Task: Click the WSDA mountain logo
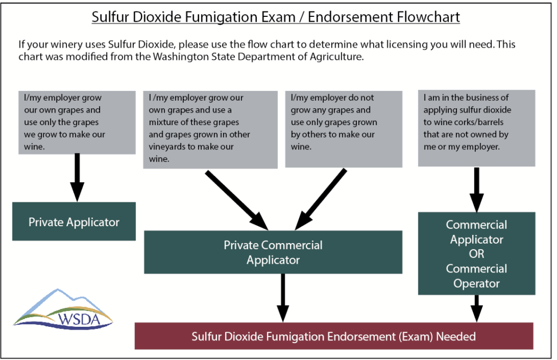pyautogui.click(x=63, y=309)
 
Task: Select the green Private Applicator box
pyautogui.click(x=74, y=221)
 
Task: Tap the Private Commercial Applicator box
pyautogui.click(x=273, y=252)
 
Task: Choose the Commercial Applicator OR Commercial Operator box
pyautogui.click(x=476, y=253)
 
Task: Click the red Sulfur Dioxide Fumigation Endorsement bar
pyautogui.click(x=334, y=336)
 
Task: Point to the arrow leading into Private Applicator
pyautogui.click(x=77, y=177)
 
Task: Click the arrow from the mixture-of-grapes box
pyautogui.click(x=237, y=200)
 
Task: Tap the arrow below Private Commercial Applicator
pyautogui.click(x=283, y=298)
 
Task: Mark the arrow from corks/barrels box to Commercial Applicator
pyautogui.click(x=476, y=190)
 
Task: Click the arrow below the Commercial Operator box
pyautogui.click(x=476, y=308)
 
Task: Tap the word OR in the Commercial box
pyautogui.click(x=476, y=254)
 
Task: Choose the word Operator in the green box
pyautogui.click(x=476, y=284)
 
